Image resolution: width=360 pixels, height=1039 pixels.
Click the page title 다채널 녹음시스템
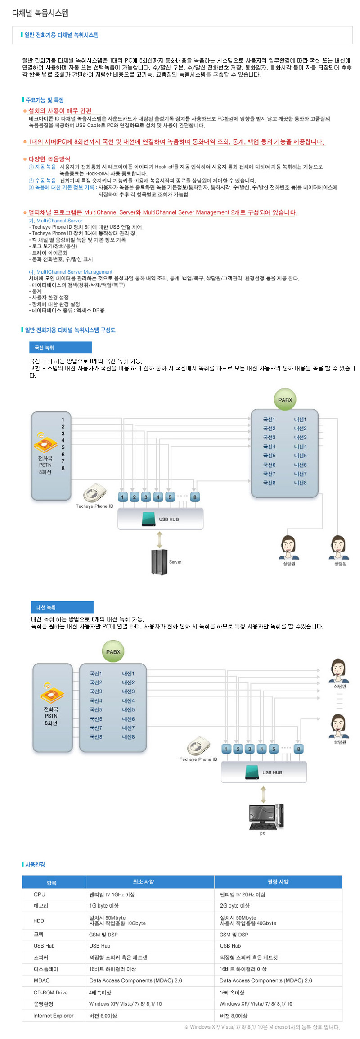(40, 13)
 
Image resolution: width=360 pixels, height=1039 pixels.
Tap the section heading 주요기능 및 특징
(44, 100)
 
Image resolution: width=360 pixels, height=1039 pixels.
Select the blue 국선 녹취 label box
(60, 348)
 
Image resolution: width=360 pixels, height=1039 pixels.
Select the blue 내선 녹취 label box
(62, 607)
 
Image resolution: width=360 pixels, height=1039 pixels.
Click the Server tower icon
(159, 562)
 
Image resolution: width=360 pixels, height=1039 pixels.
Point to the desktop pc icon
(266, 816)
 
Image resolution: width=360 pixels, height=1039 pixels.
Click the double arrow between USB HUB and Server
(159, 539)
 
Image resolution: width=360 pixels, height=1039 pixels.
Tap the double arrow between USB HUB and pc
(264, 795)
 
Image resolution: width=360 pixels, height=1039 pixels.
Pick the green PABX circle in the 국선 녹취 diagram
(285, 400)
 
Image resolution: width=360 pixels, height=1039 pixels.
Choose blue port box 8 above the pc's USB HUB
(298, 749)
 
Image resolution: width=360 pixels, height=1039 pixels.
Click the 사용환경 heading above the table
(35, 865)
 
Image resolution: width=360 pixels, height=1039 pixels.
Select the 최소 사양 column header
(150, 882)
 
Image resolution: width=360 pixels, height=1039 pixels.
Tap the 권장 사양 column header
(278, 882)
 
